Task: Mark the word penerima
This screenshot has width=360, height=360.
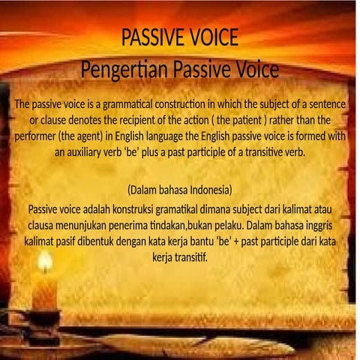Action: (131, 224)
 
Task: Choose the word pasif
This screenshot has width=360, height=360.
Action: (82, 241)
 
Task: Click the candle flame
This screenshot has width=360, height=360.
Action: (45, 261)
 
